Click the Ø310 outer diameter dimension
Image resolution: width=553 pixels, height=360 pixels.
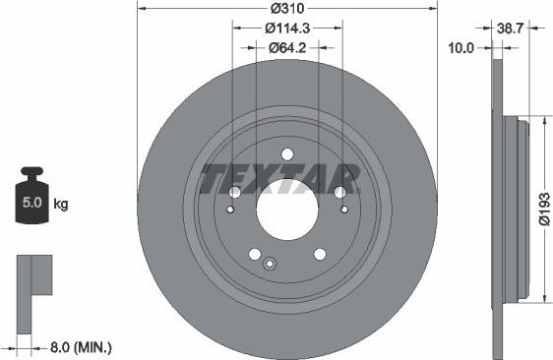286,10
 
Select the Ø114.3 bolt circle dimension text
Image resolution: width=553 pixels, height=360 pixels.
286,28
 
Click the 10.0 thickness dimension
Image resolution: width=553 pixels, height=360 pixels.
461,45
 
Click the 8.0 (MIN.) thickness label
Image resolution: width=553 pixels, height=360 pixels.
82,346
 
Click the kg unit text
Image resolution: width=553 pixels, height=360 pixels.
60,205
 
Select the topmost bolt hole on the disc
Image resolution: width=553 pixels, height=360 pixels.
286,153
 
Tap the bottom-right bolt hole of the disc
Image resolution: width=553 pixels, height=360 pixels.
318,254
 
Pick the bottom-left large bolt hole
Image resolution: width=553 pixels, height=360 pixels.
255,254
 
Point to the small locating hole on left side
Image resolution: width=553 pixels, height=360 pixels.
230,209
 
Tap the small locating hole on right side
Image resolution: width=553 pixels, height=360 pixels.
342,209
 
